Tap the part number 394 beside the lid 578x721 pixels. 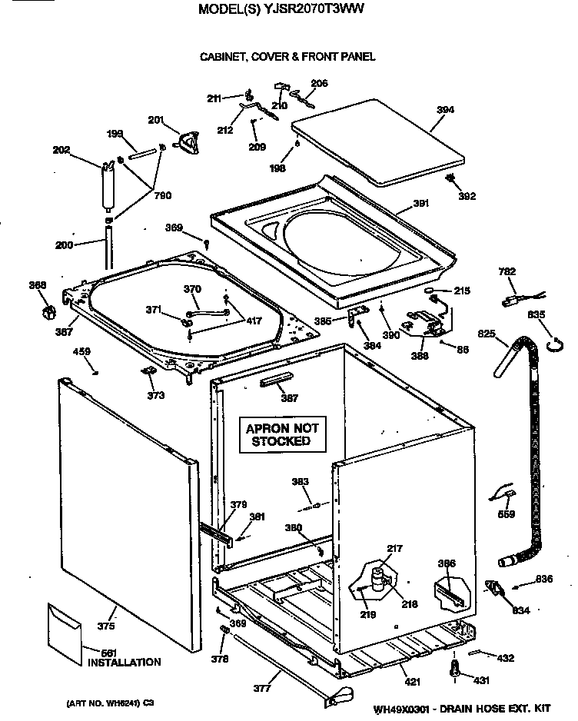click(445, 110)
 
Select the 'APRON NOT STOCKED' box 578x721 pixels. click(281, 434)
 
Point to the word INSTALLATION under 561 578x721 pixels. click(125, 662)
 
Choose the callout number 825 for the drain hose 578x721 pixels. click(487, 335)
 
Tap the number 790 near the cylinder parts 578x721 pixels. click(163, 196)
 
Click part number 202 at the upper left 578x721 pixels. click(61, 150)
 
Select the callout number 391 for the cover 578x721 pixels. click(420, 203)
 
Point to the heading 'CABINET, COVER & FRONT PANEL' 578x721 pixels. click(287, 56)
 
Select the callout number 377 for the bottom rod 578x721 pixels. click(262, 689)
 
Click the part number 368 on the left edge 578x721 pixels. click(38, 286)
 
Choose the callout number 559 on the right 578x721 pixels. click(506, 514)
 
